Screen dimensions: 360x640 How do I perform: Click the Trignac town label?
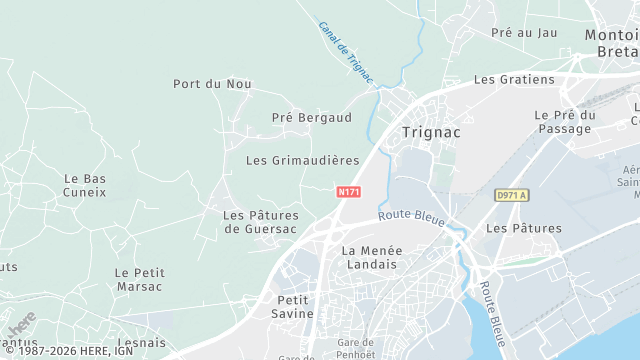pos(430,131)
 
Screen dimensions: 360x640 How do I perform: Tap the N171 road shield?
pos(349,191)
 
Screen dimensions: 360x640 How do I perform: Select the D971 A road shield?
pos(510,195)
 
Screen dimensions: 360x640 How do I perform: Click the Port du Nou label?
pos(212,84)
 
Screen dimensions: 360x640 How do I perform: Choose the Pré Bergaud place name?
pos(312,118)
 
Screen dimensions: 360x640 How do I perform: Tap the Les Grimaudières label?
pos(302,160)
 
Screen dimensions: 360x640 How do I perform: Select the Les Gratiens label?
pos(513,79)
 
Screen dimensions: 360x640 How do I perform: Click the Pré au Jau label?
pos(524,33)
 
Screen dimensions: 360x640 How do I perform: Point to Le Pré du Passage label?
pos(565,122)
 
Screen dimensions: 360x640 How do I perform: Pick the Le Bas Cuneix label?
pos(85,185)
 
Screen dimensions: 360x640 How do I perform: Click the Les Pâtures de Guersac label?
pos(260,222)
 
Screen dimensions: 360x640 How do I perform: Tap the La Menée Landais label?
pos(369,257)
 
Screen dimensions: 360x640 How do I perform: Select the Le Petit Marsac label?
pos(139,279)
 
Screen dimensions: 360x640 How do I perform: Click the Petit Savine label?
pos(295,306)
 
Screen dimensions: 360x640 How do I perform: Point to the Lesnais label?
pos(140,342)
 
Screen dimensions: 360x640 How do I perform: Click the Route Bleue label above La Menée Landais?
pos(410,216)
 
